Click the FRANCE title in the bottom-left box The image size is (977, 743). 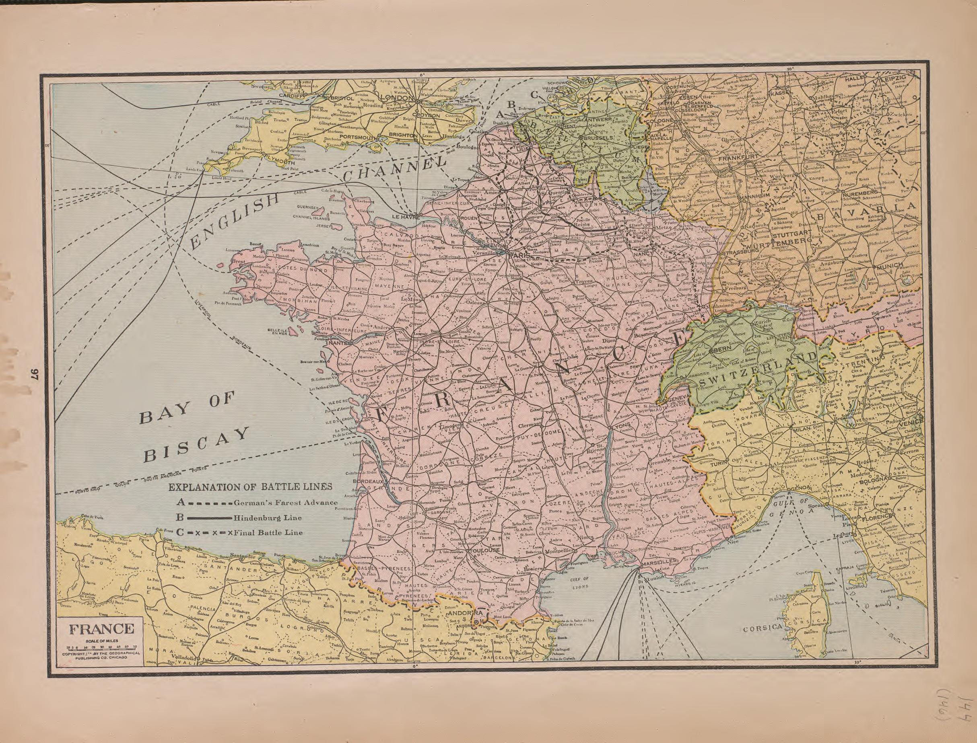pos(100,629)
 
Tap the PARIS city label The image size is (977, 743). pos(517,256)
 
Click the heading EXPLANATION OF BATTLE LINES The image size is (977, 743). pos(251,487)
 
